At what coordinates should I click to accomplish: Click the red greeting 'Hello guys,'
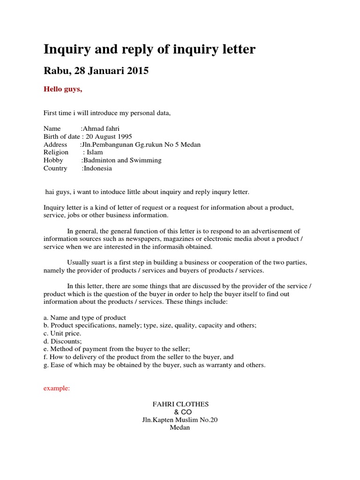click(x=63, y=90)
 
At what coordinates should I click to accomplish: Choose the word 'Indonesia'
click(x=97, y=168)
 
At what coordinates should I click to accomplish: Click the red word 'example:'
click(x=57, y=389)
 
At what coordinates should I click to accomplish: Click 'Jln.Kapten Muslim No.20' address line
click(x=180, y=420)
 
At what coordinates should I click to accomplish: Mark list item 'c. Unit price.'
click(x=62, y=333)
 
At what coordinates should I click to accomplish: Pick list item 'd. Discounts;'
click(x=63, y=341)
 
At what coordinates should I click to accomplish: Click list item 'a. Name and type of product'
click(x=85, y=317)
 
